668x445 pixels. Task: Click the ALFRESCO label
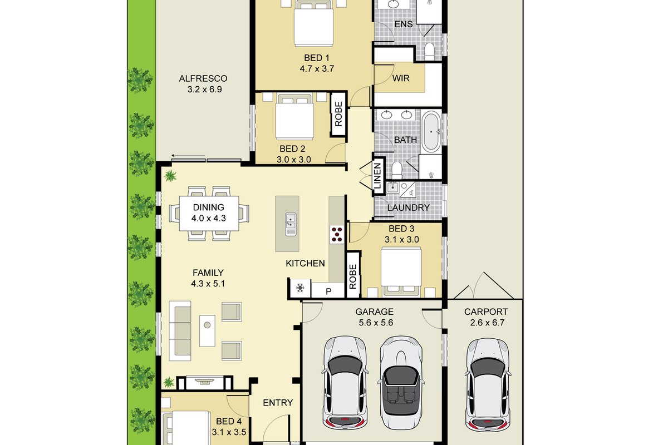click(x=203, y=78)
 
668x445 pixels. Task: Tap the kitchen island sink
click(x=291, y=224)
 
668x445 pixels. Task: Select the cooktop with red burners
click(x=337, y=235)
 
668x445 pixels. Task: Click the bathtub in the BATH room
click(x=431, y=131)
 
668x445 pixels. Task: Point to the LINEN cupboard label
click(x=377, y=176)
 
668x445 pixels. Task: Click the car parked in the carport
click(x=487, y=385)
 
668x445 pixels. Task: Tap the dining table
click(x=209, y=213)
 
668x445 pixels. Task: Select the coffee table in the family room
click(x=207, y=331)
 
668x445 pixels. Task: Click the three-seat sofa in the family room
click(x=180, y=331)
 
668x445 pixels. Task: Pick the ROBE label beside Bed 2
click(x=338, y=114)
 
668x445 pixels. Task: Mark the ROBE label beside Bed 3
click(x=353, y=276)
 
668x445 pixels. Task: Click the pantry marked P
click(x=328, y=291)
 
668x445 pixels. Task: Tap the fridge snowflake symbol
click(x=300, y=288)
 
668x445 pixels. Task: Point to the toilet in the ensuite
click(x=430, y=52)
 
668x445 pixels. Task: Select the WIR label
click(x=401, y=78)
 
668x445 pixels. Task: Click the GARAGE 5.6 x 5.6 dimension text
click(x=376, y=323)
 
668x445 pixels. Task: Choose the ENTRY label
click(x=278, y=403)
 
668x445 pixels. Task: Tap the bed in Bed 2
click(x=294, y=117)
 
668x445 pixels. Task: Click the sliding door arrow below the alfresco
click(x=189, y=156)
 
